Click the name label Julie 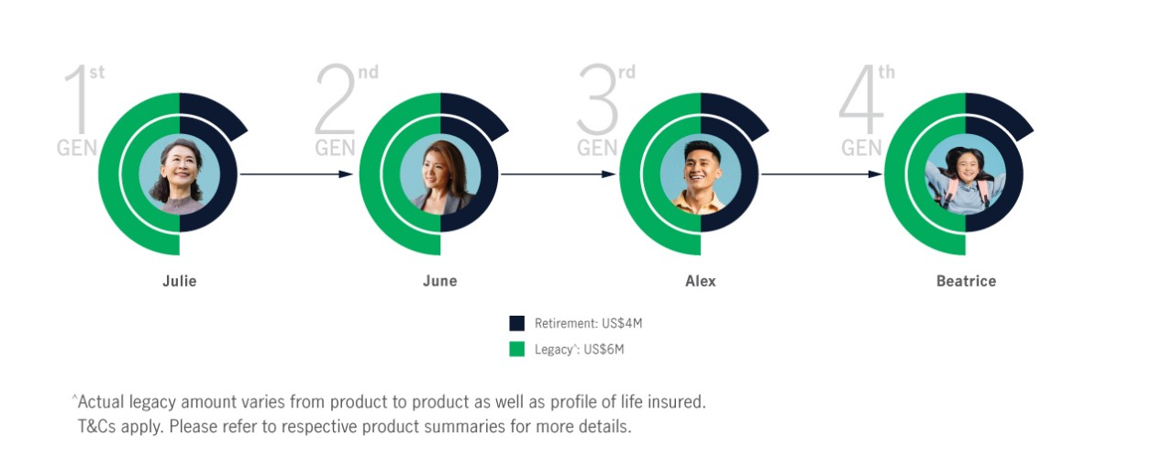(x=179, y=281)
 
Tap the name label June (x=439, y=281)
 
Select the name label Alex (x=700, y=281)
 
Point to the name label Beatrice (x=966, y=281)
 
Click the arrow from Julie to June (x=296, y=173)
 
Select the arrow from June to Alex (x=558, y=173)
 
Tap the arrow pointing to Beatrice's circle (x=821, y=173)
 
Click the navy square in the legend (x=516, y=323)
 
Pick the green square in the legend (x=516, y=349)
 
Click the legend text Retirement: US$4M (x=588, y=323)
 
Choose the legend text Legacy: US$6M (x=579, y=350)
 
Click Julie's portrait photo (x=179, y=174)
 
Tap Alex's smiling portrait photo (x=700, y=174)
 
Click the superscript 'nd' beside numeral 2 (x=368, y=73)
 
